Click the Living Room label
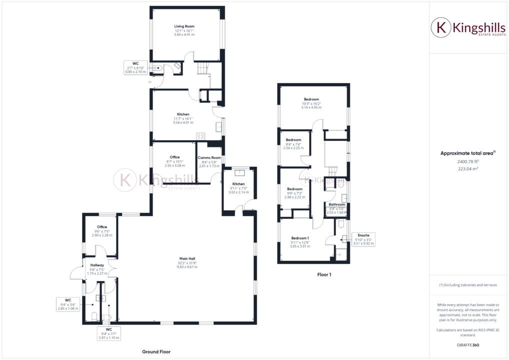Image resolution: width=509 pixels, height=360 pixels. (184, 26)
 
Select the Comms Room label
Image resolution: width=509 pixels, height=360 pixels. (209, 157)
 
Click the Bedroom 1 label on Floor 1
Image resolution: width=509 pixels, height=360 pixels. (300, 238)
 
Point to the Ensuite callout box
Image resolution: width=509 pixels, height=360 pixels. (363, 239)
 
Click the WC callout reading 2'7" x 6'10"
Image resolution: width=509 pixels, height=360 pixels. (135, 67)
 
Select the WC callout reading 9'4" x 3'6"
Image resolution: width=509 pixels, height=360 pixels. (68, 304)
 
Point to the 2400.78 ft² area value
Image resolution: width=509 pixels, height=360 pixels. (467, 161)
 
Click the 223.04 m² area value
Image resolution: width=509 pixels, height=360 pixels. (467, 168)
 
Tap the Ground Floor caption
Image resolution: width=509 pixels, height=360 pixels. (156, 352)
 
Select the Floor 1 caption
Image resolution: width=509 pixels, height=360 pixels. (324, 274)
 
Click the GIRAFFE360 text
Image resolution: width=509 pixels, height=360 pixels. (467, 345)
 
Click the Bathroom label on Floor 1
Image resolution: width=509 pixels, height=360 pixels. (337, 204)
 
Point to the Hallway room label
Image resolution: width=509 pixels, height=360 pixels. (97, 265)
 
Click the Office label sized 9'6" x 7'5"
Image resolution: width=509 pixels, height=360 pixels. (102, 227)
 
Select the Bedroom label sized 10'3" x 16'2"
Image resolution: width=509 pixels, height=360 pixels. (311, 99)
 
